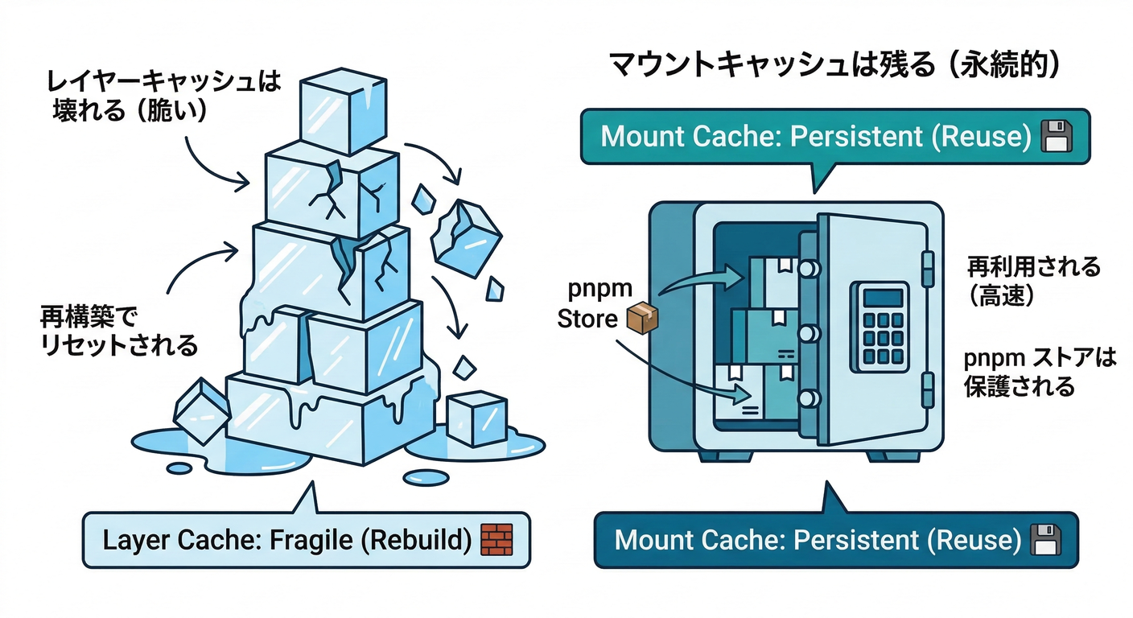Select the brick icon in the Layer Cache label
(x=496, y=539)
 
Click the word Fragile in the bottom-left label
(x=312, y=540)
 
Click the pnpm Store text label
(x=589, y=303)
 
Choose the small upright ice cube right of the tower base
(x=476, y=418)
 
